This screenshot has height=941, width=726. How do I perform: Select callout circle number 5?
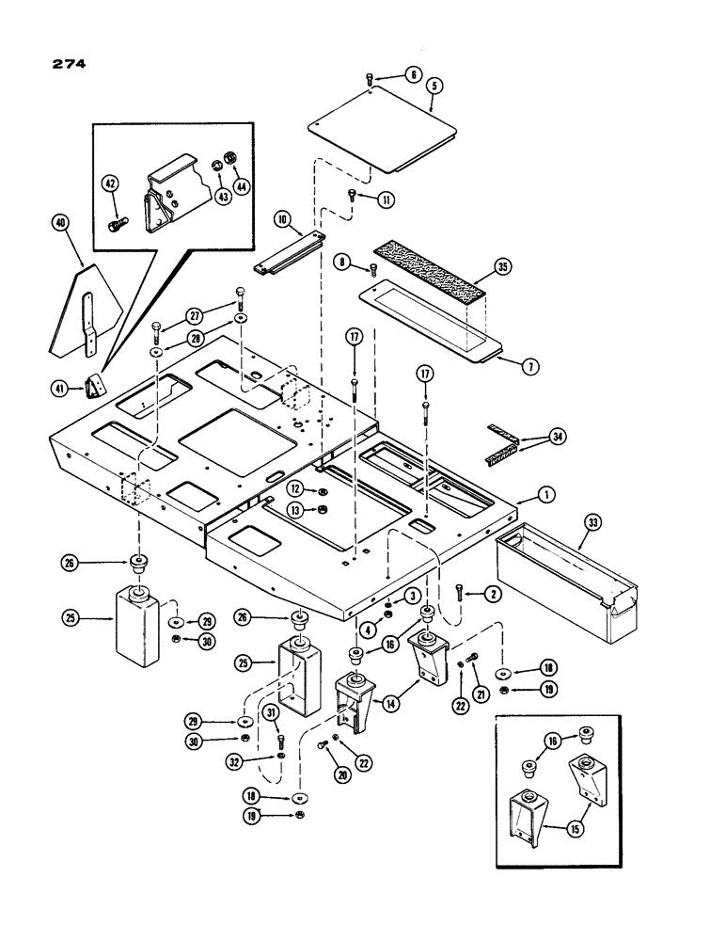[434, 85]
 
